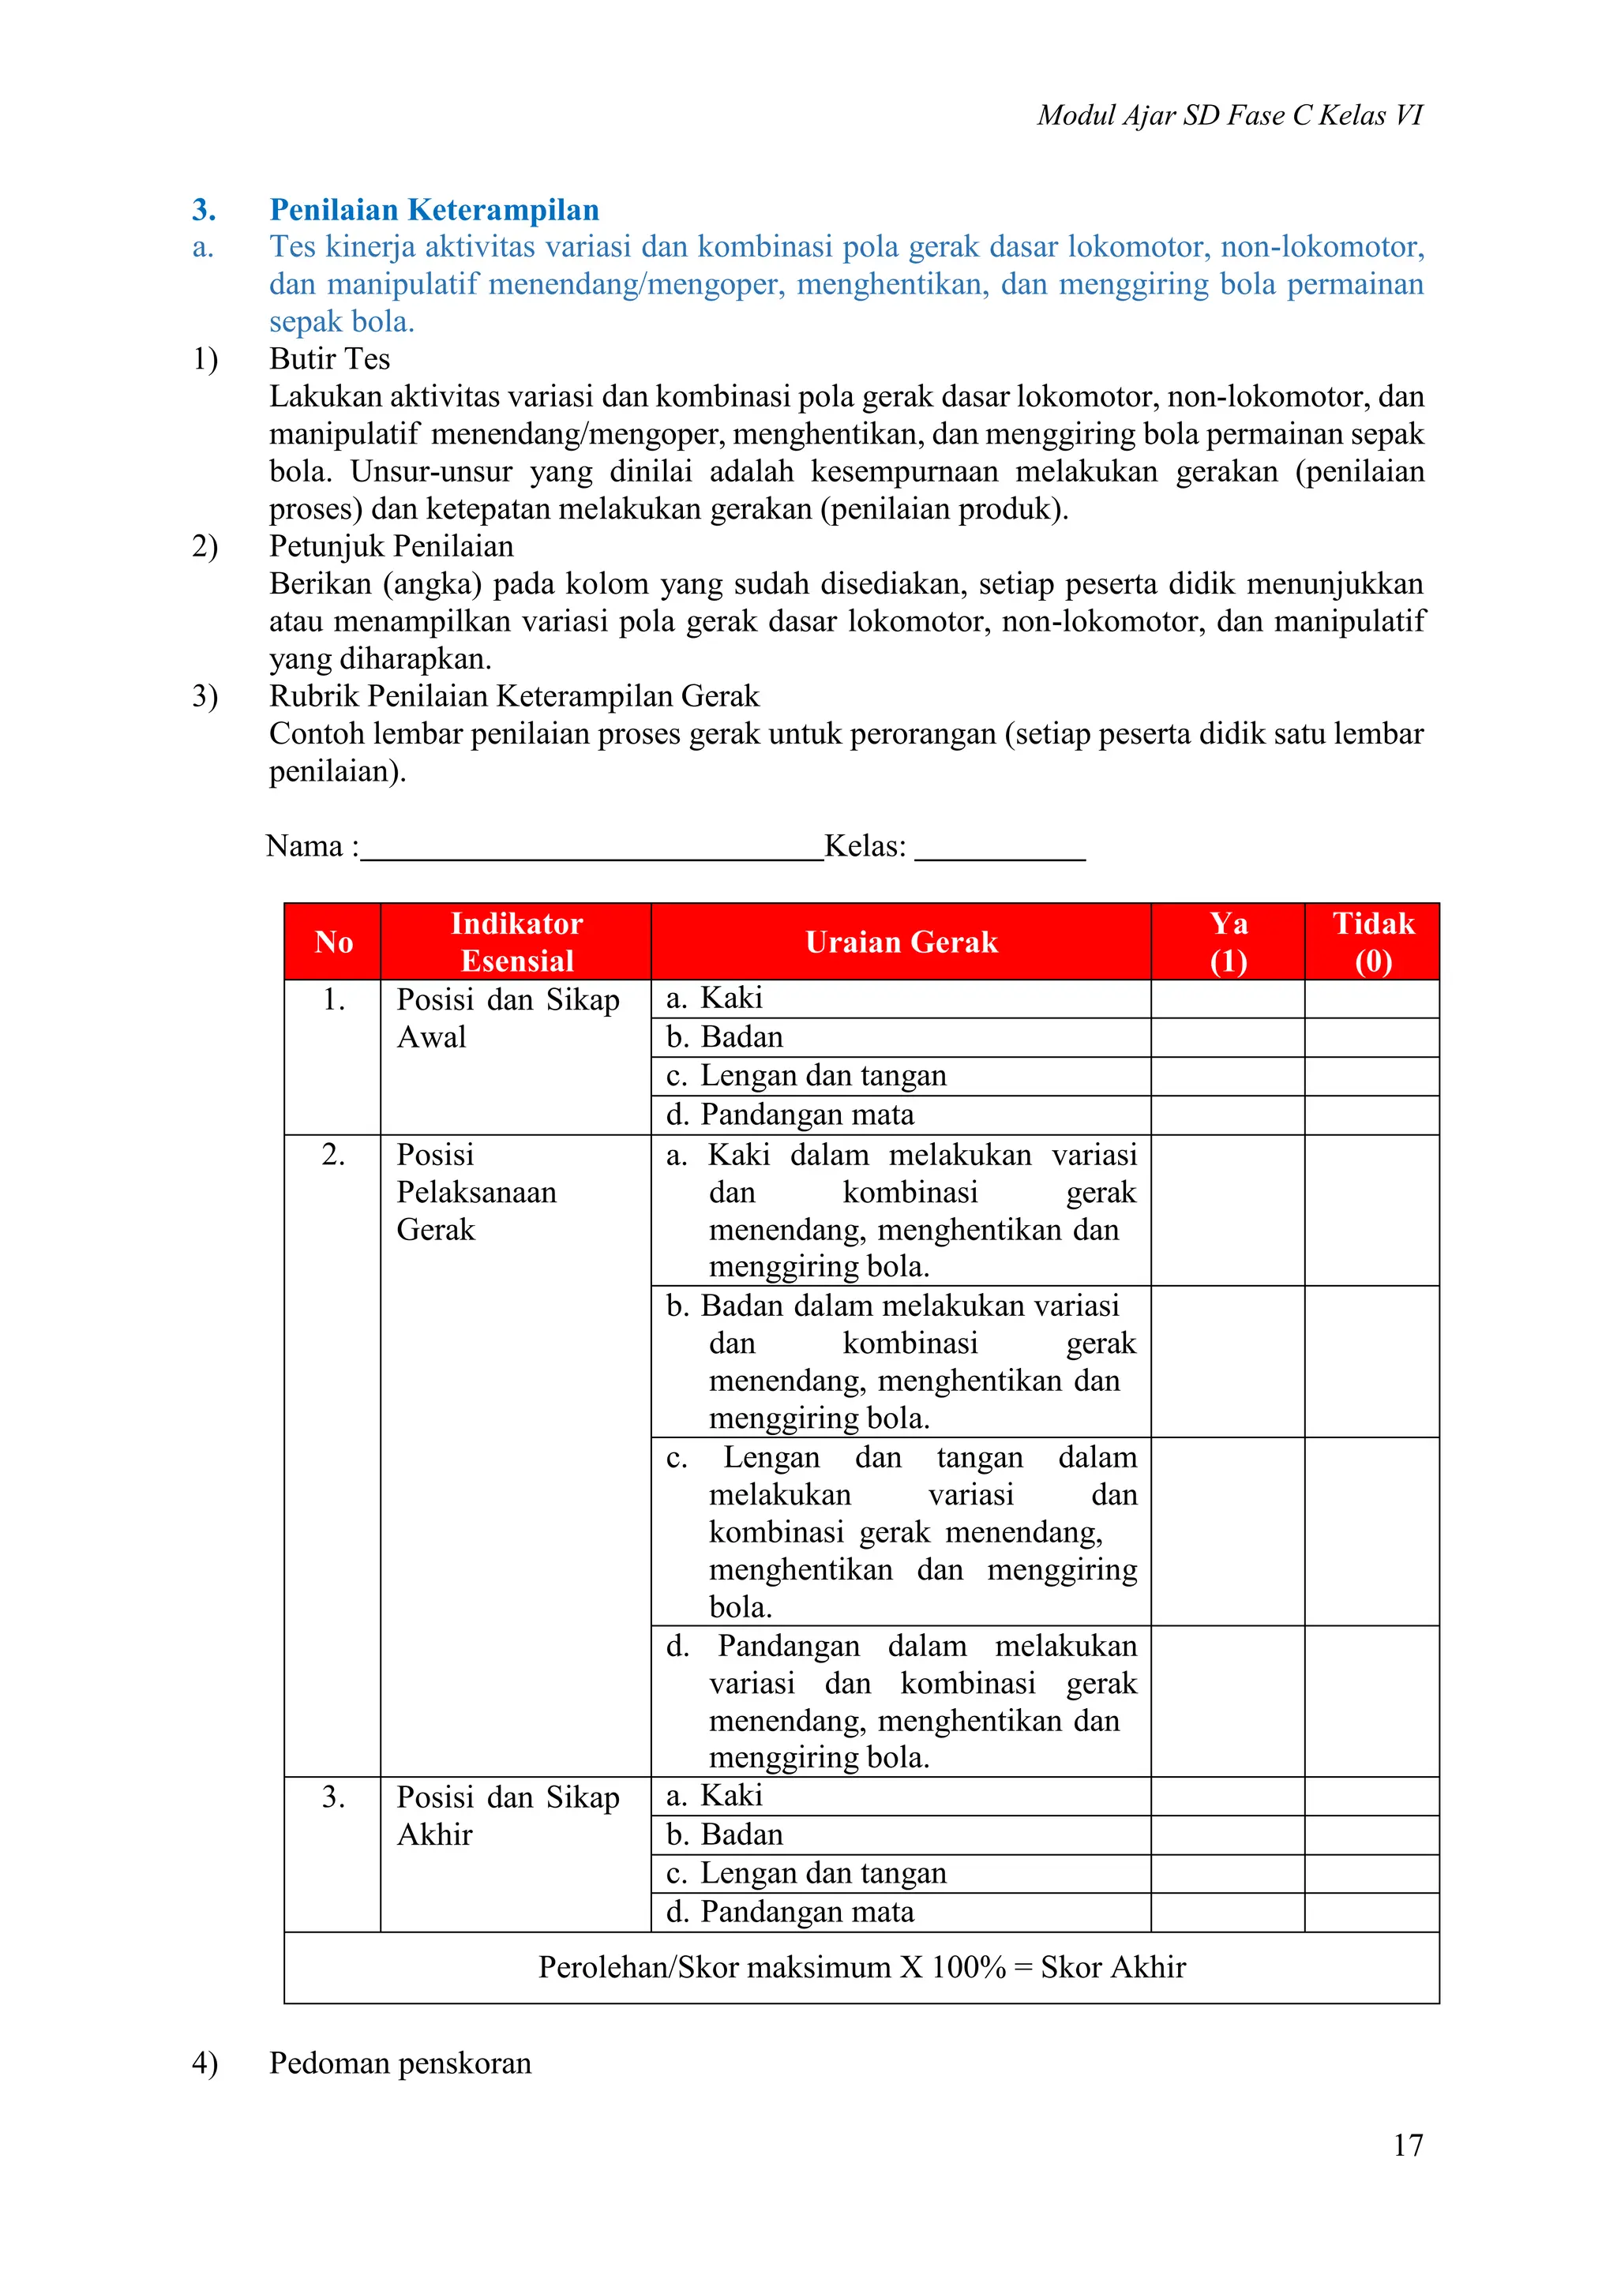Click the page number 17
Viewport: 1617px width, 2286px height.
tap(1407, 2144)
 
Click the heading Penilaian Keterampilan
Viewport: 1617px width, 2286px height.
tap(434, 210)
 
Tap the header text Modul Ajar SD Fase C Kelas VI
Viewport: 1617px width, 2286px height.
tap(1229, 115)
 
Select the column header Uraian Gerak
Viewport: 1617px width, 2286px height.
tap(900, 942)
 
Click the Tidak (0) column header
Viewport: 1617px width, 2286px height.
tap(1372, 942)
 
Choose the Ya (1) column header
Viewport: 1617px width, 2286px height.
tap(1228, 942)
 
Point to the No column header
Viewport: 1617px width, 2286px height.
tap(333, 942)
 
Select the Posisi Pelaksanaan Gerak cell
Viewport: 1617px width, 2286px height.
tap(476, 1192)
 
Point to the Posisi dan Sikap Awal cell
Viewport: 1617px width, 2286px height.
tap(507, 1017)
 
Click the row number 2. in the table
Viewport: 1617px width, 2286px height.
tap(333, 1155)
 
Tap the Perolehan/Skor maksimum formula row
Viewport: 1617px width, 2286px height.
tap(861, 1966)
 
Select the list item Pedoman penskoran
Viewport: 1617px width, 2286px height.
tap(400, 2062)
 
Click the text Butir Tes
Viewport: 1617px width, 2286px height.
tap(329, 358)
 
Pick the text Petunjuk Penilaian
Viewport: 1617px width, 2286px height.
tap(392, 545)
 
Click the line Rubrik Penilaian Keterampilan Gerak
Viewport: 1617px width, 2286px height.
tap(514, 696)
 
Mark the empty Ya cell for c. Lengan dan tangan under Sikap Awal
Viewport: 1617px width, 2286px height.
tap(1228, 1076)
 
